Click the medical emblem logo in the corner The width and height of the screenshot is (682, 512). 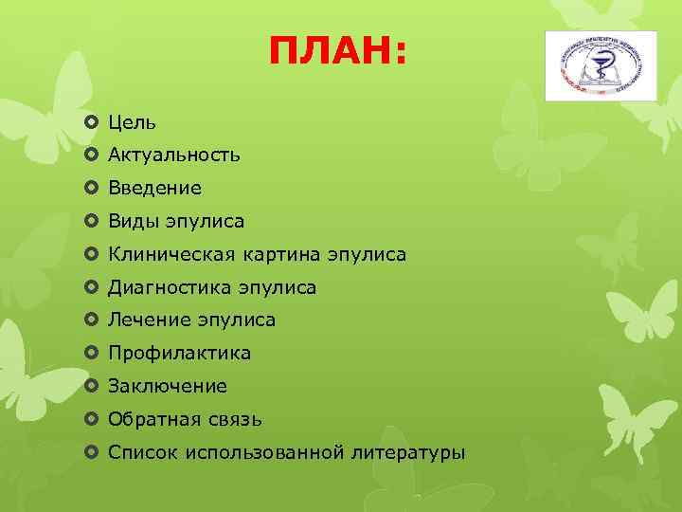tap(601, 64)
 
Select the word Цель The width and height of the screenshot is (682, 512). tap(132, 122)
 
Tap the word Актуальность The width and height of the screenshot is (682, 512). tap(173, 155)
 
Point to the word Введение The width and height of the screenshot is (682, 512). tap(154, 189)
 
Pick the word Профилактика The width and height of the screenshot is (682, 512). tap(179, 354)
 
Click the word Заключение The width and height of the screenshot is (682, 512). tap(168, 386)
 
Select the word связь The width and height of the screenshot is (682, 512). tap(233, 419)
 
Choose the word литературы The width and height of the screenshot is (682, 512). tap(408, 452)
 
